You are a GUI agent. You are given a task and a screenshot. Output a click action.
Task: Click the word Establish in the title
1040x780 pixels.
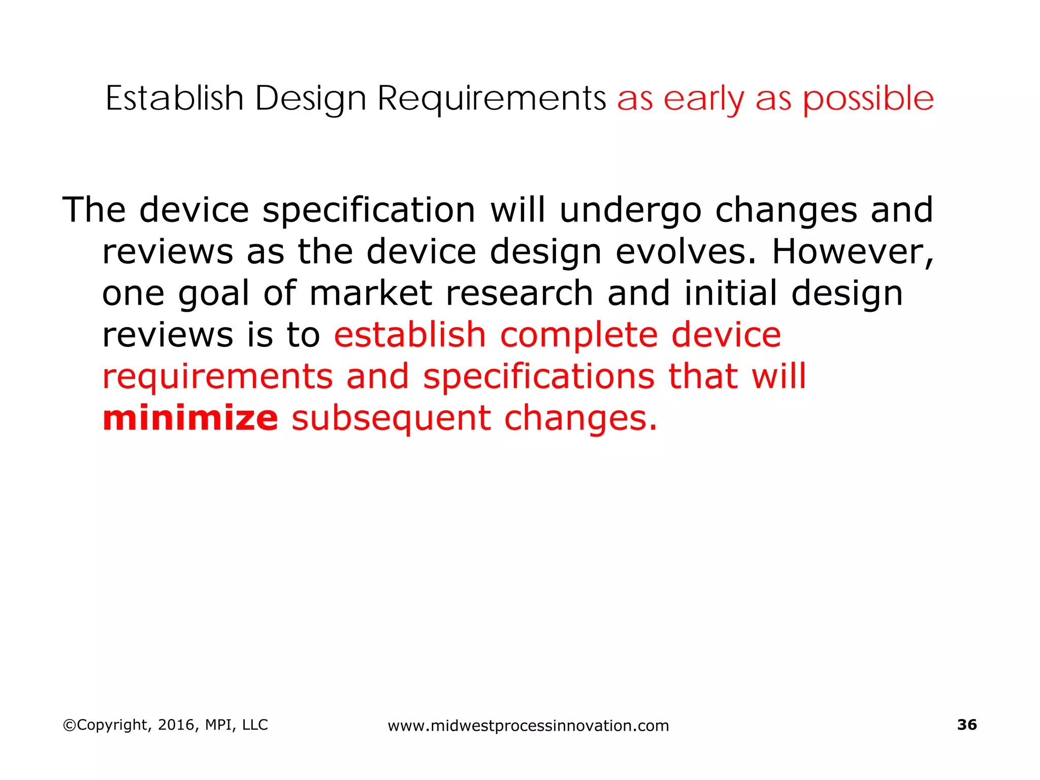pos(174,98)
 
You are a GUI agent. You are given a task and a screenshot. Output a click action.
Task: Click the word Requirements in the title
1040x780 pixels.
pos(491,98)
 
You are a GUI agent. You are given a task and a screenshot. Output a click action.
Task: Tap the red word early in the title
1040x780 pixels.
pos(703,99)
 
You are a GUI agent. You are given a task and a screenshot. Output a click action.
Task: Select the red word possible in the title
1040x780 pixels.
pos(868,99)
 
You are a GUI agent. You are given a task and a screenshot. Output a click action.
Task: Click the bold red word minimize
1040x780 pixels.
pos(190,418)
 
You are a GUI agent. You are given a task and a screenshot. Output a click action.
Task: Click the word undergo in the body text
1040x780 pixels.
pos(630,210)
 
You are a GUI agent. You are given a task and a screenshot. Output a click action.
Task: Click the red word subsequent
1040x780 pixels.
pos(391,419)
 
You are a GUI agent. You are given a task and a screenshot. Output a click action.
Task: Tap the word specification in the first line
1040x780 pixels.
pos(369,210)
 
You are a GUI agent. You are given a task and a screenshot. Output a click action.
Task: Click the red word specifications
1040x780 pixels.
pos(539,377)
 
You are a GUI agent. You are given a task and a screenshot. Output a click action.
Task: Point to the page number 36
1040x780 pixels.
pos(966,725)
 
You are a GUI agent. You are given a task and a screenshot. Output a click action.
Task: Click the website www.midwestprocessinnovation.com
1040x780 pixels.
pos(528,726)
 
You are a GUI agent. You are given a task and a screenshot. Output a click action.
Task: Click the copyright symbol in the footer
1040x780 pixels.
pos(69,725)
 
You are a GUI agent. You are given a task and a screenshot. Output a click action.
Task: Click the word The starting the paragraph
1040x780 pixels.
pos(94,210)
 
